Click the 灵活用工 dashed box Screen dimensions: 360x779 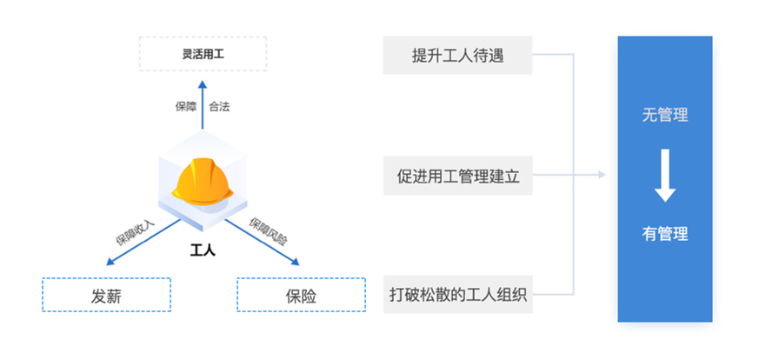[203, 54]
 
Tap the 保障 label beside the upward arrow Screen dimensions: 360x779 [186, 107]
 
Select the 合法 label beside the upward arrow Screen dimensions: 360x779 [219, 107]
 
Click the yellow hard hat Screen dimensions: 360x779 [201, 179]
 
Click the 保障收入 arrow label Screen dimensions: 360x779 [136, 231]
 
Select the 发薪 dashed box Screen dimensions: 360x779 [106, 295]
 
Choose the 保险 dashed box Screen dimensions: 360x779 [301, 295]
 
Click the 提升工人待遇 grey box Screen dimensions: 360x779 [457, 57]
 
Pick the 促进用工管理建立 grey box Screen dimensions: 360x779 [457, 176]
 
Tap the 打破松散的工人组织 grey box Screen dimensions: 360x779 [457, 295]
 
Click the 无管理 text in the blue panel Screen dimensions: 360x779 [665, 115]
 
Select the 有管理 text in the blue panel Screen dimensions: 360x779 [665, 234]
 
